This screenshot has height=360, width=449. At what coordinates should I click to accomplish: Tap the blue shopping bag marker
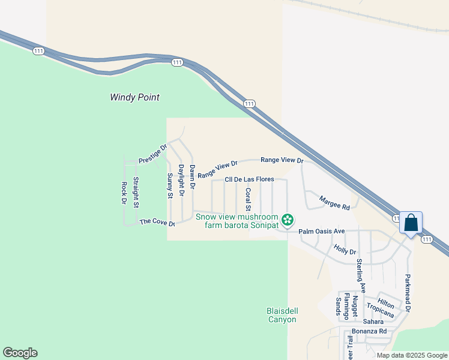pyautogui.click(x=411, y=224)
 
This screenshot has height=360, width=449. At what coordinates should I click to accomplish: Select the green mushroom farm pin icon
pyautogui.click(x=288, y=220)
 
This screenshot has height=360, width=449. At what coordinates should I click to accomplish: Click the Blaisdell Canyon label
pyautogui.click(x=282, y=315)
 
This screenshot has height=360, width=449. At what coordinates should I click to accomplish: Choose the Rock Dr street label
pyautogui.click(x=124, y=193)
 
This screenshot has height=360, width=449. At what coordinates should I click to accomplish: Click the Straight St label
pyautogui.click(x=136, y=193)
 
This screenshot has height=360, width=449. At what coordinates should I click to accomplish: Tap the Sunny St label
pyautogui.click(x=170, y=185)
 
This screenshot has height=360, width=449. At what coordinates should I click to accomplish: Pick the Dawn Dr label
pyautogui.click(x=192, y=178)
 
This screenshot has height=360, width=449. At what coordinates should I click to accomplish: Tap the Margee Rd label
pyautogui.click(x=334, y=203)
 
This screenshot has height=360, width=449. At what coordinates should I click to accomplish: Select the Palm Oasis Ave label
pyautogui.click(x=322, y=231)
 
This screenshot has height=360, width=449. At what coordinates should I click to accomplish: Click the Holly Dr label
pyautogui.click(x=345, y=248)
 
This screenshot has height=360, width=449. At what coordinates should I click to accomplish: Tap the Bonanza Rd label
pyautogui.click(x=369, y=331)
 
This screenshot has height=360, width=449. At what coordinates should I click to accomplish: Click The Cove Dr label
pyautogui.click(x=157, y=222)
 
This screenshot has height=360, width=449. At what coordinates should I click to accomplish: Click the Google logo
pyautogui.click(x=20, y=353)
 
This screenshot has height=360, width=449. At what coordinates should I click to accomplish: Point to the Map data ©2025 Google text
pyautogui.click(x=412, y=355)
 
